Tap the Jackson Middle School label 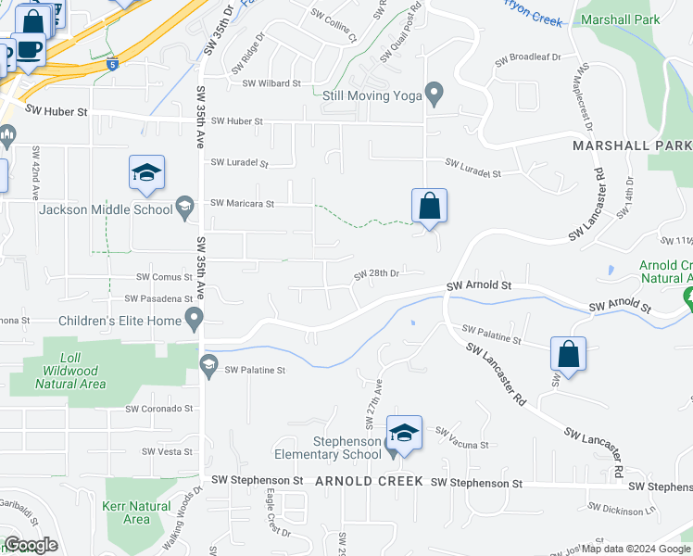coord(106,209)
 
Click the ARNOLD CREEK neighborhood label coord(369,482)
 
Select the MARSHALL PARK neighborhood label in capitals coord(632,146)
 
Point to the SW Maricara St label coord(243,203)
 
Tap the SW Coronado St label coord(158,408)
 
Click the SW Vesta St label coord(167,451)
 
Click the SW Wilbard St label coord(271,83)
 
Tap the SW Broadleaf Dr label coord(529,57)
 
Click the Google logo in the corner coord(31,545)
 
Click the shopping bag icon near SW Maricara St coord(429,206)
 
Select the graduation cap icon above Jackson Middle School coord(146,172)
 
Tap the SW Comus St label coord(164,276)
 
